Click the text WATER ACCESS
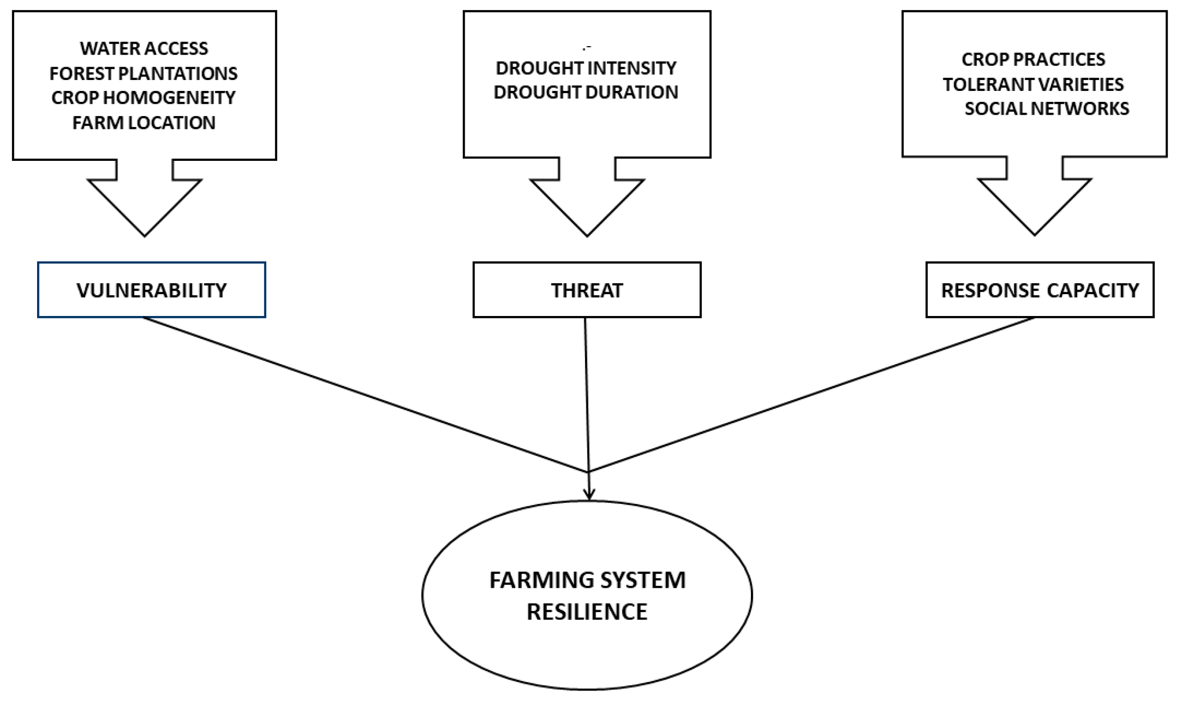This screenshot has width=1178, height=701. [x=144, y=49]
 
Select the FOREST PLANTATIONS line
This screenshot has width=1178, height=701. [x=144, y=73]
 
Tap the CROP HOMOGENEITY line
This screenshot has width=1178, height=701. [x=144, y=98]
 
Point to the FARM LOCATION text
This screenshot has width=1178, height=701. [x=144, y=123]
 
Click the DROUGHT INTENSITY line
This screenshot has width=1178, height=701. [x=586, y=68]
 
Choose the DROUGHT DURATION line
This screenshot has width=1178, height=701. [x=586, y=92]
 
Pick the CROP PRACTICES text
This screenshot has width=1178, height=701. [x=1033, y=59]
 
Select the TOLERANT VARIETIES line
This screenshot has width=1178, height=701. [x=1033, y=84]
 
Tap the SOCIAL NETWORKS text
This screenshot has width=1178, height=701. [x=1046, y=109]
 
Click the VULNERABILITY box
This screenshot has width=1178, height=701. [x=151, y=290]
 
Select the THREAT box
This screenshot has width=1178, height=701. [x=586, y=290]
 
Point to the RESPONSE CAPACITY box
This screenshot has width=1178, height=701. [x=1040, y=290]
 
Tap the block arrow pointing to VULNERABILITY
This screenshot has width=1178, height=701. [x=145, y=200]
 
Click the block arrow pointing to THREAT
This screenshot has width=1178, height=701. [x=587, y=200]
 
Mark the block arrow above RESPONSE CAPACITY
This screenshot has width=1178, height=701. [x=1034, y=200]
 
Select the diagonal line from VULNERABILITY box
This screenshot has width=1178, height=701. [x=366, y=395]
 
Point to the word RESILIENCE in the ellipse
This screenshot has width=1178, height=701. [x=587, y=612]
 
